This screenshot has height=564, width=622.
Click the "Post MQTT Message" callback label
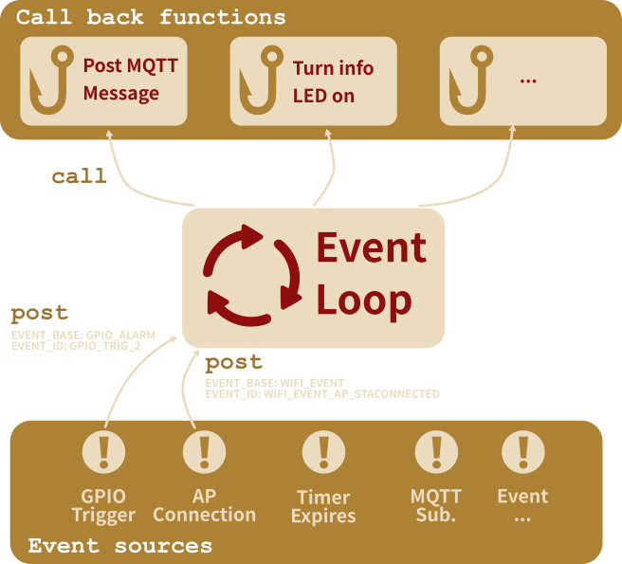point(130,80)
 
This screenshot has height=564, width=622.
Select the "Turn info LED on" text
point(333,82)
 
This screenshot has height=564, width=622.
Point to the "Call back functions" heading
point(151,17)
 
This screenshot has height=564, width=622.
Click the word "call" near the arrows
point(79,176)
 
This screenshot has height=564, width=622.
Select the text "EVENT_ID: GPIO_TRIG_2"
point(75,347)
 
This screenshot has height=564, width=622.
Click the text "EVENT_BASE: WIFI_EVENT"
point(268,382)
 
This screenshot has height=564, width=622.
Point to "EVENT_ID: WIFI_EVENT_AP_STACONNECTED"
point(322,393)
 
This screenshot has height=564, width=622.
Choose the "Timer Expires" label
point(322,507)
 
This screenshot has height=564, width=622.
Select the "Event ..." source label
point(522,506)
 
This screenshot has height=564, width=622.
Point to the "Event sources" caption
point(119,546)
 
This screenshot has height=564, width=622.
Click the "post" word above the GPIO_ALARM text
point(39,313)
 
